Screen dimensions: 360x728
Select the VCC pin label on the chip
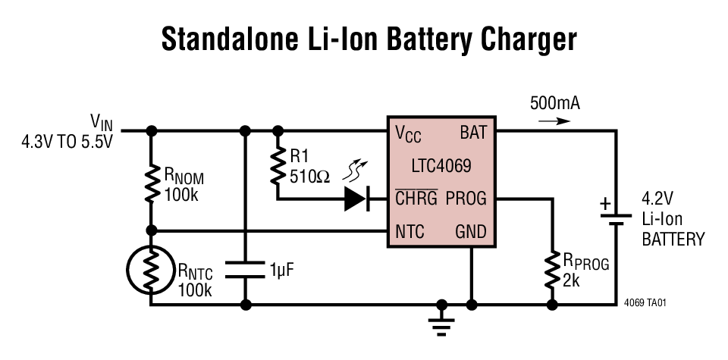tap(408, 133)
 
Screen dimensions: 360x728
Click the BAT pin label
tap(472, 132)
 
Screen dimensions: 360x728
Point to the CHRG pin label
tap(416, 199)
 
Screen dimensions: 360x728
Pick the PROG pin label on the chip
tap(466, 199)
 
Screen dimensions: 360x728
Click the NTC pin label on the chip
tap(409, 231)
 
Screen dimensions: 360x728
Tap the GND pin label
tap(470, 231)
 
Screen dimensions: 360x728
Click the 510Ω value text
tap(310, 177)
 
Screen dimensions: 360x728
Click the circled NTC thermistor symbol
tap(151, 270)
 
